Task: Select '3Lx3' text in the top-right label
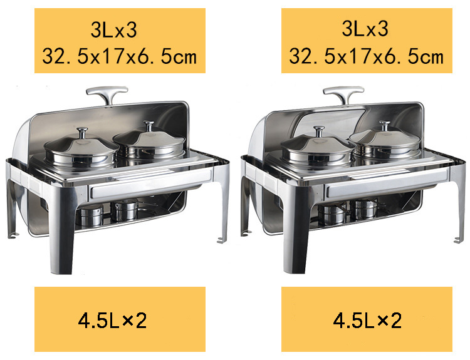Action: [366, 29]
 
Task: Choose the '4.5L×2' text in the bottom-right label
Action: [367, 321]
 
